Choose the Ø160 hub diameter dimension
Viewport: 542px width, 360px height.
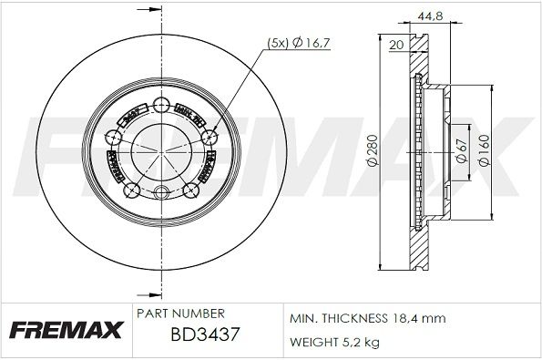coord(489,148)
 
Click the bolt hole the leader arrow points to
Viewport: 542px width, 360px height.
coord(210,137)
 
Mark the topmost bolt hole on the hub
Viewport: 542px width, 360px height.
coord(163,103)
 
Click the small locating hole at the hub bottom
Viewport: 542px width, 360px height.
coord(163,192)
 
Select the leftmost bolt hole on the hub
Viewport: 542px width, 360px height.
coord(116,138)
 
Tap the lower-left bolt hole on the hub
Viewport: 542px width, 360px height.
coord(134,190)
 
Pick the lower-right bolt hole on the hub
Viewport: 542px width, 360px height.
coord(193,190)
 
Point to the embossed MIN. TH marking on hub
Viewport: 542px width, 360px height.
coord(189,114)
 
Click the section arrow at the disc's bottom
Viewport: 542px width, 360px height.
coord(145,293)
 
